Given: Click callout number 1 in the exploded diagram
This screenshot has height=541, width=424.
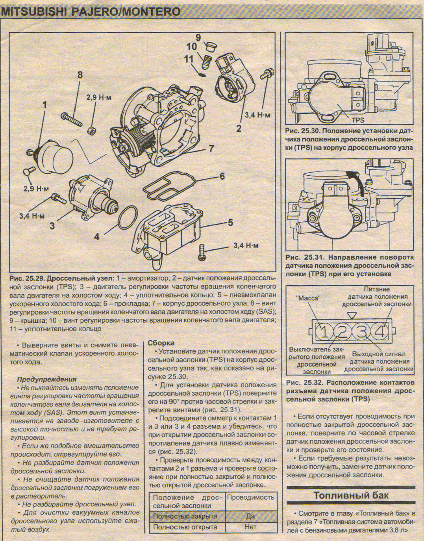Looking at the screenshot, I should (x=44, y=105).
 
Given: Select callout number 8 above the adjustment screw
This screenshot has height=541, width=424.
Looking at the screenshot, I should (x=80, y=74).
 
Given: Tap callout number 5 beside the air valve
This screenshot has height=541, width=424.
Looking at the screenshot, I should (x=231, y=223).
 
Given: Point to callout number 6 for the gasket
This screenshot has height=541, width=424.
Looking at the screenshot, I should (x=222, y=176).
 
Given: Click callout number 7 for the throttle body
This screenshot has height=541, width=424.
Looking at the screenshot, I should (x=211, y=149).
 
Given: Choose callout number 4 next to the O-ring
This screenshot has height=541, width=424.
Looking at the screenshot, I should (x=96, y=237).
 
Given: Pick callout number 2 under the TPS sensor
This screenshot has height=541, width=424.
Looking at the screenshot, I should (x=238, y=128).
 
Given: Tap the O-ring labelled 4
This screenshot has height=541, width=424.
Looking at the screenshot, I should (x=128, y=217).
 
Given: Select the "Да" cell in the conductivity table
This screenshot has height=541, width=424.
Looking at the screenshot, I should (x=250, y=516).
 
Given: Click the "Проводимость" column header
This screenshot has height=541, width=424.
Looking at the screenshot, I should (x=250, y=497).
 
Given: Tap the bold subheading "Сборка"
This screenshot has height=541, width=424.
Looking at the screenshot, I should (x=161, y=343).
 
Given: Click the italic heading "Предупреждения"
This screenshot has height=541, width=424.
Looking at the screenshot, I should (x=47, y=379).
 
